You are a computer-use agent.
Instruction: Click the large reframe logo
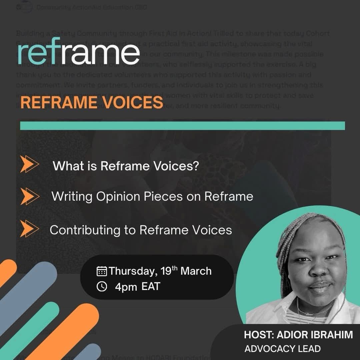point(79,52)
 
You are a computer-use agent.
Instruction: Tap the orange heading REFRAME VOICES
point(92,103)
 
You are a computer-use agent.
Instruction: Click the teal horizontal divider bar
point(182,126)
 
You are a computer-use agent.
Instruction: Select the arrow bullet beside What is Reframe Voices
point(30,165)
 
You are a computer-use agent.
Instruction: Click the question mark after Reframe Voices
point(195,166)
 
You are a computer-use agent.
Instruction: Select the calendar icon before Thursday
point(102,271)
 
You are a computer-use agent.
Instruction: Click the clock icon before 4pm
point(102,286)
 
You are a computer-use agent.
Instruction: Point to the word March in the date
point(196,271)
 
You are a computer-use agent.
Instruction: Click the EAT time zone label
point(151,286)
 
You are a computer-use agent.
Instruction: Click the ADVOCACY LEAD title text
point(282,349)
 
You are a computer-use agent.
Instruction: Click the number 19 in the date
point(165,271)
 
